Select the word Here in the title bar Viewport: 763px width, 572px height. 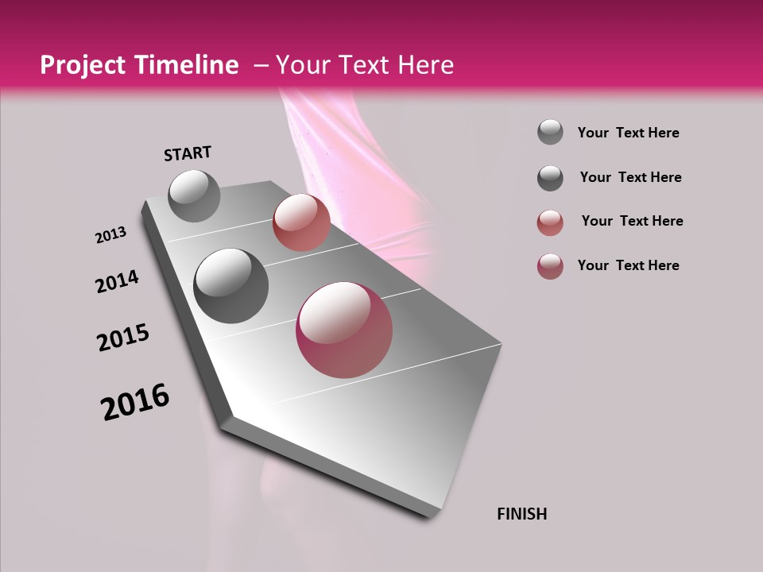[x=425, y=65]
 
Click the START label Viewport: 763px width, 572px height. [x=188, y=153]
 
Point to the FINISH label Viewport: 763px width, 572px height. [x=521, y=514]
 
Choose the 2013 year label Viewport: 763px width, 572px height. [x=110, y=235]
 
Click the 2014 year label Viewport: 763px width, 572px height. [x=117, y=282]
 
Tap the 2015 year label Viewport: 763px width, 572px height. [x=123, y=338]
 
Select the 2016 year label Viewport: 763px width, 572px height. [x=135, y=402]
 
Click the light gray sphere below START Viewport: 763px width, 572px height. [x=194, y=195]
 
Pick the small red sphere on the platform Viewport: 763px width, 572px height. [x=301, y=222]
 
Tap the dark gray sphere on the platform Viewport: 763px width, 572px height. [x=230, y=286]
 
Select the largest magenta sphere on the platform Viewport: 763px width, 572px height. [x=344, y=330]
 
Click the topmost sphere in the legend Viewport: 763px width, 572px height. [x=550, y=133]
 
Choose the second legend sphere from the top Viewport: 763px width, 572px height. [x=550, y=178]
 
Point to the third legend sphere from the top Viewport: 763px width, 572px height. [x=550, y=222]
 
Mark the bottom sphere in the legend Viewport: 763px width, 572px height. [x=550, y=266]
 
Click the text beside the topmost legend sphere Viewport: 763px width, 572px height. [x=628, y=133]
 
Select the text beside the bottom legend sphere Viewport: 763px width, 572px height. [x=628, y=265]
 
